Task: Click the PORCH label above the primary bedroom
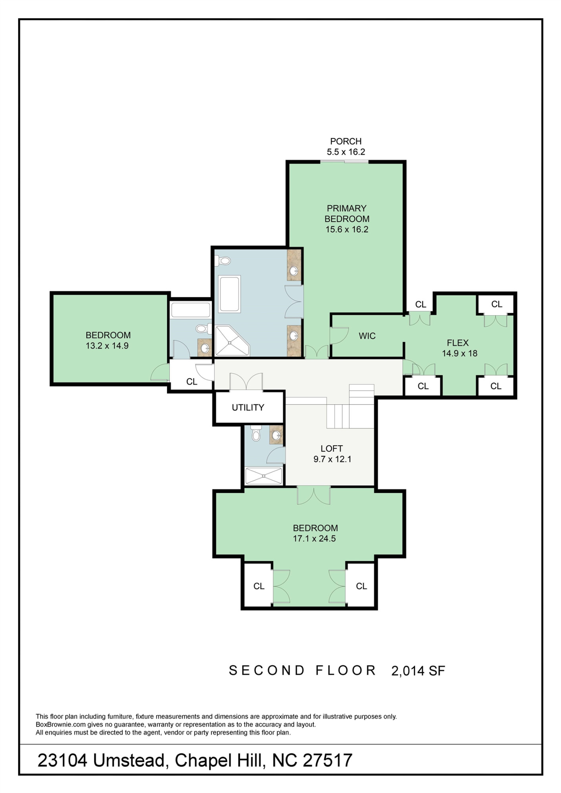(346, 141)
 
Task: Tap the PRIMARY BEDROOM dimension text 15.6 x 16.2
(347, 229)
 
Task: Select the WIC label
(367, 336)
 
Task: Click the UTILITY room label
(248, 407)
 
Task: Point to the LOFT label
(332, 448)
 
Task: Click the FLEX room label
(457, 343)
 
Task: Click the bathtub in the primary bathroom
(229, 294)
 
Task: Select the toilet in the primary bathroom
(223, 261)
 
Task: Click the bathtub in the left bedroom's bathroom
(190, 310)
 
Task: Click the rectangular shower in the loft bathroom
(263, 476)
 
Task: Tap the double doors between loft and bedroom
(313, 496)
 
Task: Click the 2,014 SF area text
(418, 671)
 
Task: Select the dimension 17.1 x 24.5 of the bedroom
(314, 538)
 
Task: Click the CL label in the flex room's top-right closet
(496, 304)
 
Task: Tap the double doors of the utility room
(246, 382)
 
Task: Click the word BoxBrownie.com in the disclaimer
(60, 724)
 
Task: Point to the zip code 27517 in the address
(327, 760)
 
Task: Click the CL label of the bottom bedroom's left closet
(259, 586)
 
